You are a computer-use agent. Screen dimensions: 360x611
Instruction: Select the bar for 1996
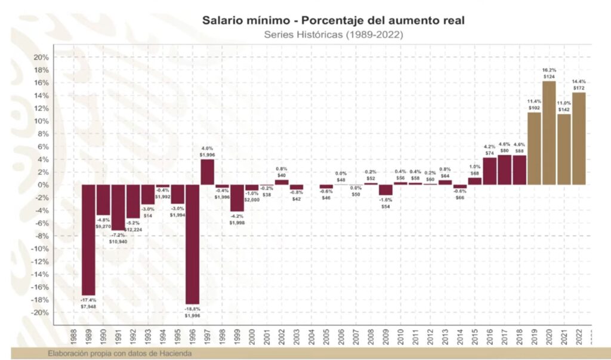(x=193, y=244)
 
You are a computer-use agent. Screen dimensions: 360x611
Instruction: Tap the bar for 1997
(x=208, y=172)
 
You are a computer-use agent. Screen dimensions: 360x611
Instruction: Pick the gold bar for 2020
(x=549, y=133)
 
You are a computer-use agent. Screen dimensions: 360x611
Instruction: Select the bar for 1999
(x=237, y=198)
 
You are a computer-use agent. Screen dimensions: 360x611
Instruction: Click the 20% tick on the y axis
(x=40, y=57)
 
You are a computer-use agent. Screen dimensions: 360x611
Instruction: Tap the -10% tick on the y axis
(x=39, y=249)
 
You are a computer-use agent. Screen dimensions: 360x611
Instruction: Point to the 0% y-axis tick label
(x=42, y=185)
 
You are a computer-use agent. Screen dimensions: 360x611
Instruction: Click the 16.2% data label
(x=549, y=69)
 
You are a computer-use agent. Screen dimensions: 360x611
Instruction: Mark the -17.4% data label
(x=88, y=300)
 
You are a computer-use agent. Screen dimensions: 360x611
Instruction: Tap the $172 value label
(x=579, y=88)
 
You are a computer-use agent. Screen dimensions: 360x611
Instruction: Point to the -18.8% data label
(x=193, y=308)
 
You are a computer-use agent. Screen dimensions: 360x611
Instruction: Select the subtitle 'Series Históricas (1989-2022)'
(x=334, y=35)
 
